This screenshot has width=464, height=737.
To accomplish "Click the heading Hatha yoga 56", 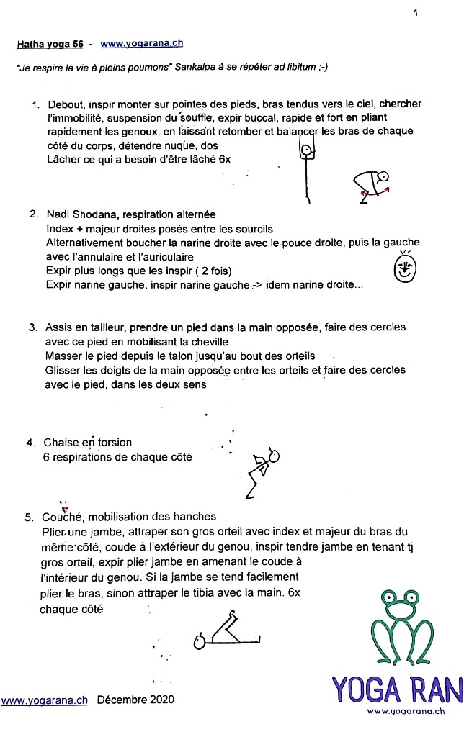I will pos(50,44).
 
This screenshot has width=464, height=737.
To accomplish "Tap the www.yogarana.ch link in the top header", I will pos(141,43).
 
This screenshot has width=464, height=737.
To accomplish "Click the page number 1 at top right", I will pos(416,12).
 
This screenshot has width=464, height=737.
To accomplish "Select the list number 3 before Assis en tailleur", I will pos(32,327).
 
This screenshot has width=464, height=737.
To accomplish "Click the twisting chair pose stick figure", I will pos(262,471).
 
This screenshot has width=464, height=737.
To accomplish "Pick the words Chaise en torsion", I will pos(87,443).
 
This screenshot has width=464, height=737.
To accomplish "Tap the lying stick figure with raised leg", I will pos(226,631).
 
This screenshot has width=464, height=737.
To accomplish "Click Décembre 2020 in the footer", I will pos(135,699).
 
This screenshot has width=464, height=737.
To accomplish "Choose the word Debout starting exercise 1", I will pos(66,104).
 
